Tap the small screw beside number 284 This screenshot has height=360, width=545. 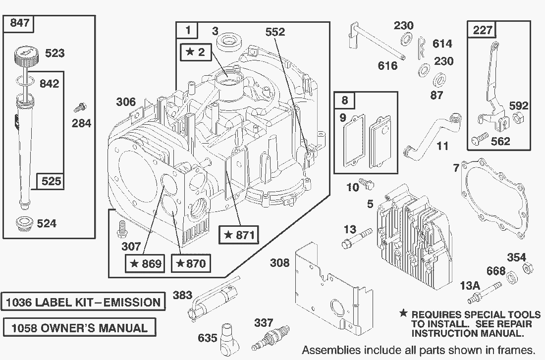click(79, 107)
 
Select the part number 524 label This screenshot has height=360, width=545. click(47, 223)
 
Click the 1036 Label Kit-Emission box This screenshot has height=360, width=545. click(83, 302)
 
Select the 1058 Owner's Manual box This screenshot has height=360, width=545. click(78, 327)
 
